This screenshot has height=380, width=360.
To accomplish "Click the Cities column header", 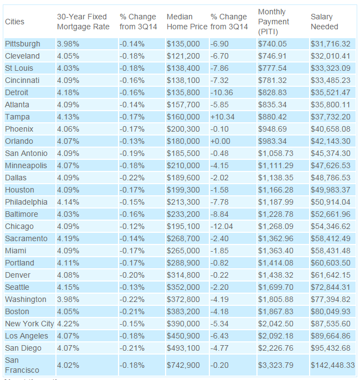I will [14, 22].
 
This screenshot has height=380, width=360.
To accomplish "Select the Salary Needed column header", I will [325, 22].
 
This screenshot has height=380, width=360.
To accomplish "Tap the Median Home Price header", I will [186, 22].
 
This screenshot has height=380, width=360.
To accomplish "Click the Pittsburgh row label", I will [22, 44].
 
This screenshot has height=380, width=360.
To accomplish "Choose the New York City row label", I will [29, 324].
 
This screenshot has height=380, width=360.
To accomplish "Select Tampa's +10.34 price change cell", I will [223, 117].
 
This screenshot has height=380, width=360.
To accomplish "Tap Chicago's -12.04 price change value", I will [222, 226].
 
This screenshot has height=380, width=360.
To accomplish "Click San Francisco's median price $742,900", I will [183, 365].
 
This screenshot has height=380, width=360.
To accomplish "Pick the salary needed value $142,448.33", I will [332, 365].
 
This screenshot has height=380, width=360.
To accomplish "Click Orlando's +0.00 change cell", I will [221, 141].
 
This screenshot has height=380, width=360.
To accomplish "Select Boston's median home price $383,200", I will [183, 311].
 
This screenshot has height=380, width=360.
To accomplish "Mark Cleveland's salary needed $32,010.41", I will [331, 56].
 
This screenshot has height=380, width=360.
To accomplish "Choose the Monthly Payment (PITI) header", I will [274, 22].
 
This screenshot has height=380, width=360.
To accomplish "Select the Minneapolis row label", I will [25, 165].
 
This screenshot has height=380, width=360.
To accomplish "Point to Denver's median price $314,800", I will [183, 275].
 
